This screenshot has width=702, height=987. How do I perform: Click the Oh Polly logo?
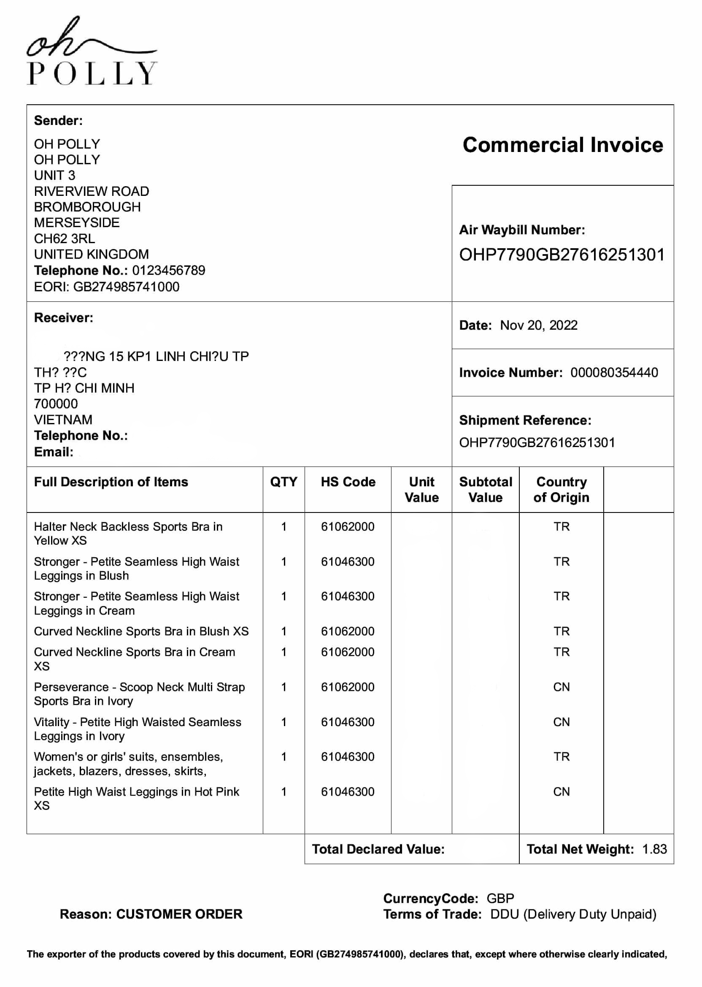(x=92, y=51)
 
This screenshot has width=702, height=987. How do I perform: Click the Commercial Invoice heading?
(x=562, y=145)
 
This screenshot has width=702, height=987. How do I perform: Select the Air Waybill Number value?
(x=562, y=255)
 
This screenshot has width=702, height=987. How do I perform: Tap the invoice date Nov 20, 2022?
(x=538, y=325)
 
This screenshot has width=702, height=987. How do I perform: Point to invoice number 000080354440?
(x=614, y=372)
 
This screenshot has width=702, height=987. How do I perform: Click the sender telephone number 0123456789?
(x=169, y=270)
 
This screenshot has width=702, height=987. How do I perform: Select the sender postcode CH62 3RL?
(x=65, y=239)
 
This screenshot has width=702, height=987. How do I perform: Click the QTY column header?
(x=283, y=482)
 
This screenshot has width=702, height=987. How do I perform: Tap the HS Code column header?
(x=348, y=482)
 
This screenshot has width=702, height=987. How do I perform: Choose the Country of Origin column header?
(x=561, y=490)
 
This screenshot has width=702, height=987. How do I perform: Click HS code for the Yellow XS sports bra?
(x=348, y=526)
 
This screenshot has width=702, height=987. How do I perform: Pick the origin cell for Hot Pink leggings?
(x=561, y=792)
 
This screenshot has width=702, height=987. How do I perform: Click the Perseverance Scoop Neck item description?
(x=139, y=694)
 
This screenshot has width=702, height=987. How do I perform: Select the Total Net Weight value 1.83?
(x=654, y=849)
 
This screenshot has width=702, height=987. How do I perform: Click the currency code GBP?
(x=500, y=898)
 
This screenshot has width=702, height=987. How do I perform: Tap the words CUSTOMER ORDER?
(x=179, y=914)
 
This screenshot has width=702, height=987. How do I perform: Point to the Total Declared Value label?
(x=378, y=849)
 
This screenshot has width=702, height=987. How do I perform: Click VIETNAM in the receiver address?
(x=63, y=420)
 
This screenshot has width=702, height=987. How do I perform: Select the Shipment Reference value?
(x=537, y=442)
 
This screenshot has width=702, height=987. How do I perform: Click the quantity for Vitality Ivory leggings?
(x=283, y=722)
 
